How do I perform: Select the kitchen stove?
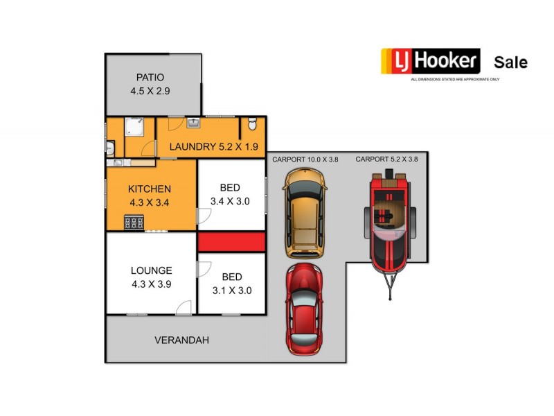pos(134,223)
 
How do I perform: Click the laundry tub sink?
pos(193,123)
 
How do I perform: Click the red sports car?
pos(304,308)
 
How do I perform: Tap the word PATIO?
pos(150,77)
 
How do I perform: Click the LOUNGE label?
pos(151,270)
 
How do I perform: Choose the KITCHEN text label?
pos(150,189)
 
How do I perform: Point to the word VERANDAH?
pos(181,340)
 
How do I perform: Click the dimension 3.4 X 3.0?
pos(230,201)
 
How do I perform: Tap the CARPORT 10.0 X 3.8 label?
pos(305,159)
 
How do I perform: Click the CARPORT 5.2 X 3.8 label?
pos(387,159)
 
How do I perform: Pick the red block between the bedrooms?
pos(232,242)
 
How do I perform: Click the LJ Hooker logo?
pos(430,62)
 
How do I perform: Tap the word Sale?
pos(510,62)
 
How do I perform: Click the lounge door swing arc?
pos(184,308)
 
